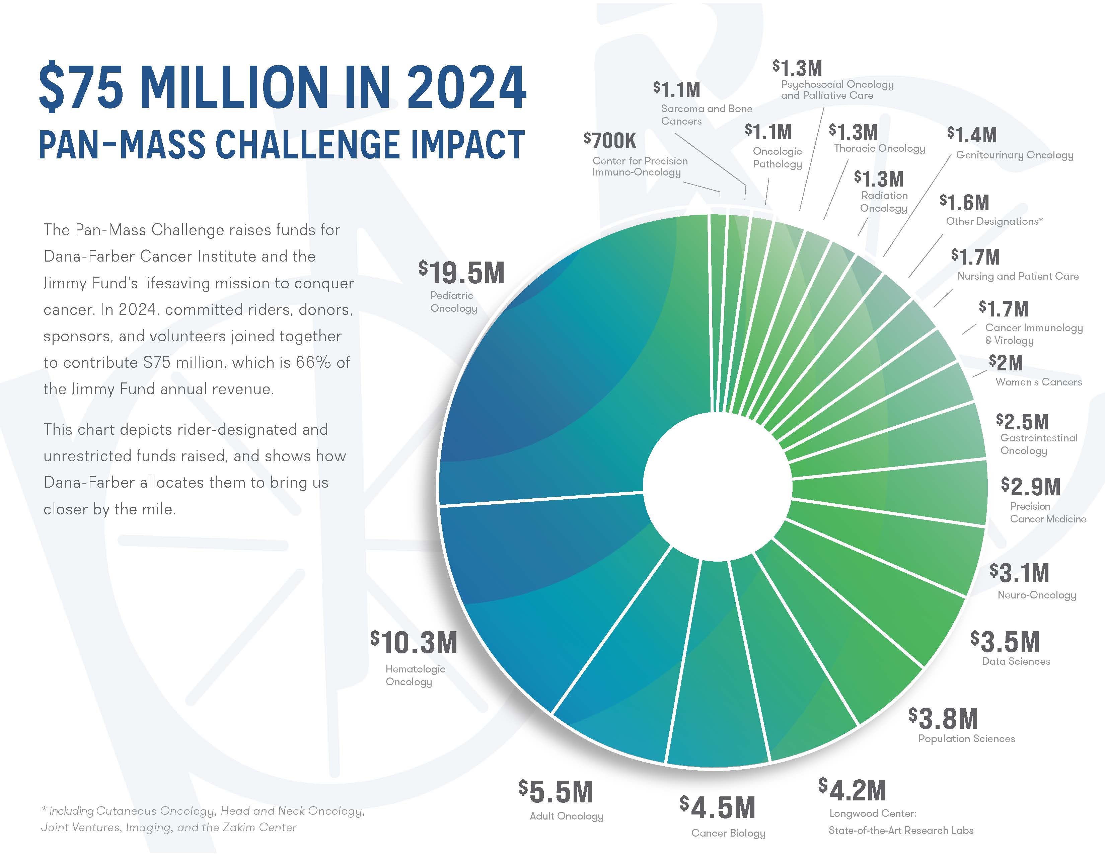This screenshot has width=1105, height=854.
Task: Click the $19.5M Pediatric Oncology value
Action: tap(461, 273)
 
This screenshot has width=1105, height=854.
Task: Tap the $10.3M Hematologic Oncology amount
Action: tap(414, 643)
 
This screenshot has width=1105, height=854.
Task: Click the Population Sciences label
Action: tap(966, 739)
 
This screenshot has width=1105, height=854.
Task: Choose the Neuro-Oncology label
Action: tap(1037, 595)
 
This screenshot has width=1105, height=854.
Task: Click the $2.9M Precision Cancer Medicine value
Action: tap(1031, 487)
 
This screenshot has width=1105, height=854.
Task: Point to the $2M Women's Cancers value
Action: tap(1006, 363)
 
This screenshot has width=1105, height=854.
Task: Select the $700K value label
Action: tap(610, 141)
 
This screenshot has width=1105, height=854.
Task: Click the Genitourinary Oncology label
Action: tap(1015, 155)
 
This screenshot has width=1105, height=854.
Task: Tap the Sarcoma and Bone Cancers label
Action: tap(706, 115)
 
